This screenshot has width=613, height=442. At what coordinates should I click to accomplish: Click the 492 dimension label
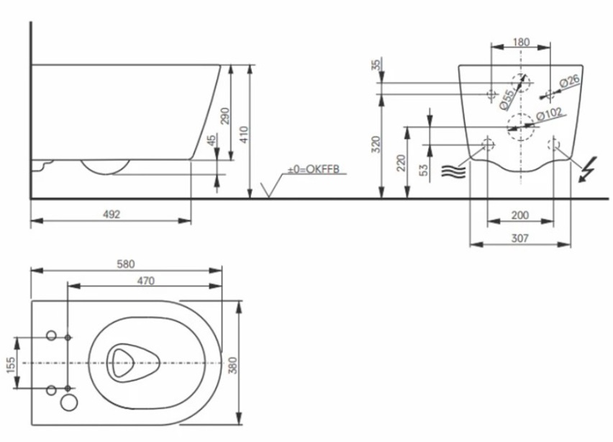click(112, 215)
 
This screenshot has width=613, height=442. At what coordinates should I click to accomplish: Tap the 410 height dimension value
click(244, 134)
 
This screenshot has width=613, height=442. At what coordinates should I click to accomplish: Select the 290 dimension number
click(225, 115)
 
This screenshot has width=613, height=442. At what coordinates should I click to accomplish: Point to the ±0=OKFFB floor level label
click(314, 169)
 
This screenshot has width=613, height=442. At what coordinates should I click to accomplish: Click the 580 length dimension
click(126, 264)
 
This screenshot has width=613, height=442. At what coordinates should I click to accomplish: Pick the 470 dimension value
click(145, 281)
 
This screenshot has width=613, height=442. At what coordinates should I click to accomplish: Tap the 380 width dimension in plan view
click(233, 365)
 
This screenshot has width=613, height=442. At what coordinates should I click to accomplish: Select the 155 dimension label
click(11, 365)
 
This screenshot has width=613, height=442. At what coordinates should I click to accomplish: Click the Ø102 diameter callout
click(549, 114)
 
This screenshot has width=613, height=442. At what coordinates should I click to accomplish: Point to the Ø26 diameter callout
click(569, 81)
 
